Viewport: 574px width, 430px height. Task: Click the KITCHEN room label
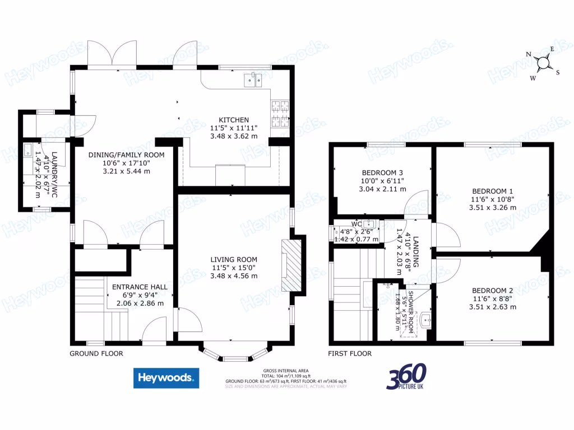tap(234, 120)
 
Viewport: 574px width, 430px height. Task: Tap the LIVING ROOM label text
tap(234, 259)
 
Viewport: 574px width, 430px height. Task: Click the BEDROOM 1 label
tap(493, 190)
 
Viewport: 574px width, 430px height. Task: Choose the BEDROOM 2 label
tap(492, 290)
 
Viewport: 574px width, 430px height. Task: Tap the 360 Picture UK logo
tap(406, 377)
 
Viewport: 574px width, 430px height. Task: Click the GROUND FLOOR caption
tap(96, 353)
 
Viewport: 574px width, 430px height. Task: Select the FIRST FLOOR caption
tap(350, 353)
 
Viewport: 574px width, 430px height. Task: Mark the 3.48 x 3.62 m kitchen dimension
tap(234, 135)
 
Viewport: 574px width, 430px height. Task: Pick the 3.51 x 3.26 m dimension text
tap(493, 207)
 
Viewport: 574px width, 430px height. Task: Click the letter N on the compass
tap(528, 54)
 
